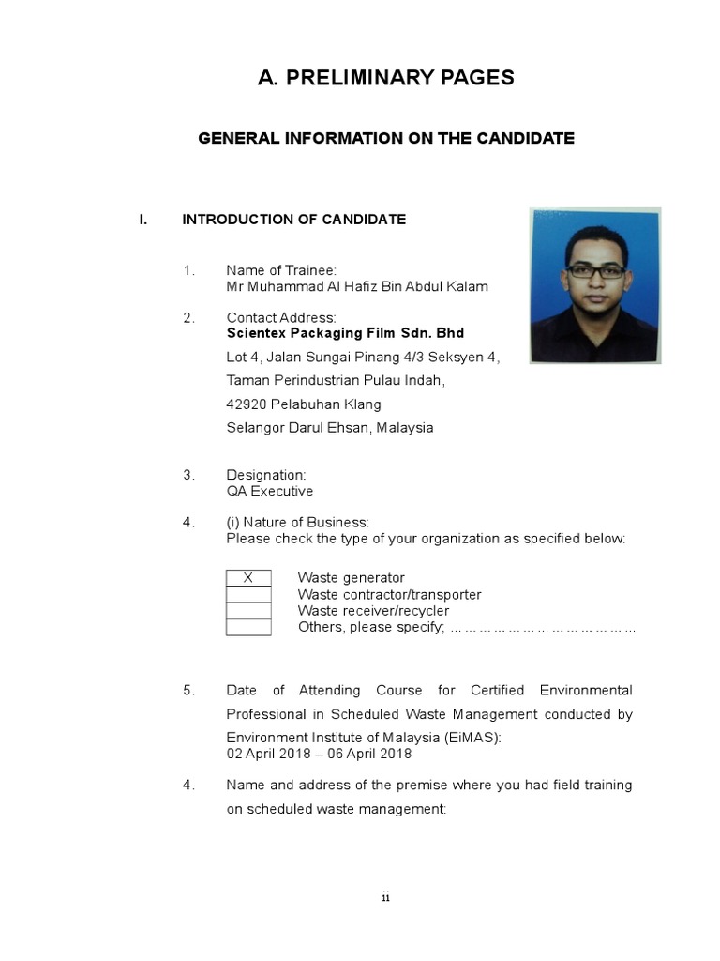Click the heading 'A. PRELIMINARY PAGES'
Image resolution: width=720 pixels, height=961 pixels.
tap(385, 78)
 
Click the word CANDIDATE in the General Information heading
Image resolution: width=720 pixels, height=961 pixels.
tap(525, 138)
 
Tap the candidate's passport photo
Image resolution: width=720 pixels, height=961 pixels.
tap(594, 285)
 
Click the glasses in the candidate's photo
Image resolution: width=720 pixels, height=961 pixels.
tap(596, 270)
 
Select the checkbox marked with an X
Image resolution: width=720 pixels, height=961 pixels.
tap(248, 578)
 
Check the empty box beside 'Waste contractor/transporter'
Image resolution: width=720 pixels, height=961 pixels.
tap(248, 595)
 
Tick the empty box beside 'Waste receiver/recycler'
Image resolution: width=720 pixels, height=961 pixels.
tap(248, 611)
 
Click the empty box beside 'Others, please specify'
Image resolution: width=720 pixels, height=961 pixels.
tap(248, 627)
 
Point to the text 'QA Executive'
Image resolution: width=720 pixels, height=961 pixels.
tap(270, 491)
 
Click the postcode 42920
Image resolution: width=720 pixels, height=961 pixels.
tap(247, 404)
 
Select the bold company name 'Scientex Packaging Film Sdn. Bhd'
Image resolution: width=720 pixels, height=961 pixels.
tap(345, 333)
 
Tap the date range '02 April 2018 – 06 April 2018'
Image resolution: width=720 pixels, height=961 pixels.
tap(319, 754)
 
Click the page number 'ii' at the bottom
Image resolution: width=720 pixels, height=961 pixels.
tap(385, 898)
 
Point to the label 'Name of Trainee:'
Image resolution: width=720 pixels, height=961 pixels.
tap(280, 270)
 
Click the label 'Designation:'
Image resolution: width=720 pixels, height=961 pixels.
tap(266, 475)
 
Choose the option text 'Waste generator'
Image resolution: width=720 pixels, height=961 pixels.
tap(351, 578)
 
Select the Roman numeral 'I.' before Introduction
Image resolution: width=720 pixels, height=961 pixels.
tap(143, 220)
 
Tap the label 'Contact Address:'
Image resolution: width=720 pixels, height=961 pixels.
tap(281, 318)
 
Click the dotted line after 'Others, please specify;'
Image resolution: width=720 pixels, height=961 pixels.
tap(543, 627)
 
